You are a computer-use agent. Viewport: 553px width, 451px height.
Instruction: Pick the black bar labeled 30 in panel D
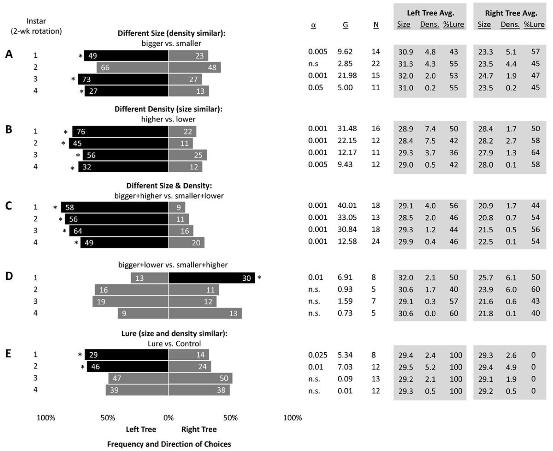point(212,278)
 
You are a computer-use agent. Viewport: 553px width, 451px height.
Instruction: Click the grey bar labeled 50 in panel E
point(200,378)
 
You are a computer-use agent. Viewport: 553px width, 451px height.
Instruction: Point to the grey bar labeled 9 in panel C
point(177,207)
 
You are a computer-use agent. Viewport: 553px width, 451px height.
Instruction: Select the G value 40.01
point(347,206)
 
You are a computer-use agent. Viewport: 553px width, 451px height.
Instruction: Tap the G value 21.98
point(347,76)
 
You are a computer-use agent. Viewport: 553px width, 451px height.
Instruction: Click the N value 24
point(376,241)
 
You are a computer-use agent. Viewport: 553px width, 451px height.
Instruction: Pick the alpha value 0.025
point(318,355)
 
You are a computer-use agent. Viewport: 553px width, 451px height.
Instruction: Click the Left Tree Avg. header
point(430,13)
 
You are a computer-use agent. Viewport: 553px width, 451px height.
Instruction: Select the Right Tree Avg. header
point(511,13)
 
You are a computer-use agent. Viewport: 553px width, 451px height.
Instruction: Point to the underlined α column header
point(313,25)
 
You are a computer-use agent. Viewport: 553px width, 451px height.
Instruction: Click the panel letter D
point(9,276)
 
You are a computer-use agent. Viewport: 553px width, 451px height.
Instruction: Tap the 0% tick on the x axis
point(168,418)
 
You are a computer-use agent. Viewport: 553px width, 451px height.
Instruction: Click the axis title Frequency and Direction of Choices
point(169,444)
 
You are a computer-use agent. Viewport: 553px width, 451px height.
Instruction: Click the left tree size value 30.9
point(405,52)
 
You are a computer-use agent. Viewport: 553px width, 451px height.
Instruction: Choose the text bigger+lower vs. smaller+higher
point(173,265)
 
